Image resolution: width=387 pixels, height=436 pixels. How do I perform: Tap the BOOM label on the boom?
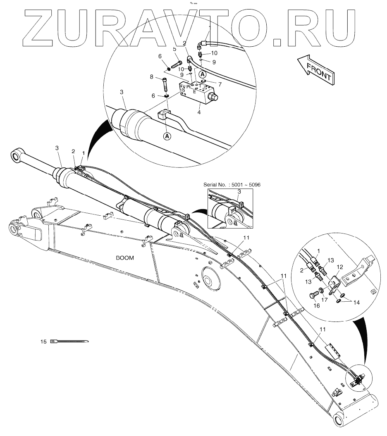(125, 258)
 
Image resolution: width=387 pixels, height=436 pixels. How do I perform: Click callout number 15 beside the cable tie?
(43, 341)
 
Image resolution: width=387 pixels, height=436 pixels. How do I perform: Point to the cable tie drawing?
(70, 341)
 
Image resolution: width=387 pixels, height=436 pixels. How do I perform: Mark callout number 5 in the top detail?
(174, 49)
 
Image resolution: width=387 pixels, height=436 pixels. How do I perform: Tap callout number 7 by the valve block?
(220, 84)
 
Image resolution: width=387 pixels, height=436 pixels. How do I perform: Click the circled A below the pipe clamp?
(167, 136)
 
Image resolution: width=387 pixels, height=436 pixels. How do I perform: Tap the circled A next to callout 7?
(203, 74)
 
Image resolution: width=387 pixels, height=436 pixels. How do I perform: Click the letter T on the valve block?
(200, 86)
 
